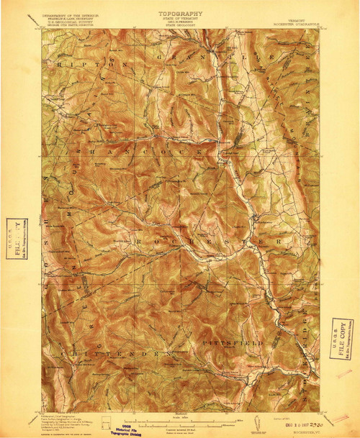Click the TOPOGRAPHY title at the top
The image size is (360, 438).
tap(180, 13)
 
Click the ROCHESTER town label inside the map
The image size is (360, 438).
tap(194, 243)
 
